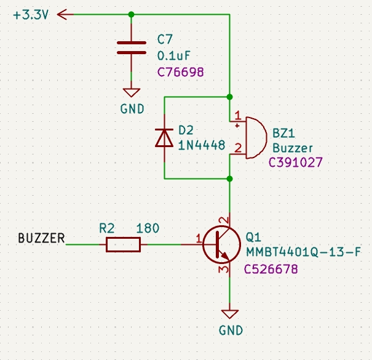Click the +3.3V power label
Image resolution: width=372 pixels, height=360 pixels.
click(x=31, y=15)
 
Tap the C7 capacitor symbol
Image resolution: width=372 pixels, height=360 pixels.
click(x=132, y=48)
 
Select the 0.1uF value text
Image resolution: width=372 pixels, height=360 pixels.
click(x=174, y=56)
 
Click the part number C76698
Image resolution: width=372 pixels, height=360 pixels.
click(x=181, y=72)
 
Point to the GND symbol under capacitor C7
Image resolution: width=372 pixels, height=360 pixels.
click(x=132, y=92)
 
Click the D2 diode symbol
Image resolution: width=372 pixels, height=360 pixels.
click(x=164, y=137)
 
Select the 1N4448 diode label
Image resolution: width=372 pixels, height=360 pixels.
click(x=202, y=145)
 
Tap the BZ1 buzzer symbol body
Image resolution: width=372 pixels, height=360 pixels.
click(x=256, y=137)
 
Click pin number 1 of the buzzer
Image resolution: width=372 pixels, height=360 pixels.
click(x=238, y=116)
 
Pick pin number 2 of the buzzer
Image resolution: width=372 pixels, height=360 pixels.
click(x=238, y=148)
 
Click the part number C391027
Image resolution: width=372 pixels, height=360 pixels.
click(x=295, y=162)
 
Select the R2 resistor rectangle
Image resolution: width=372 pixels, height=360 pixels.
click(x=124, y=244)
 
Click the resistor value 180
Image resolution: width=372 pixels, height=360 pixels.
click(x=148, y=228)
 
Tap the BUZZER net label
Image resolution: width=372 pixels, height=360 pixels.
click(x=42, y=238)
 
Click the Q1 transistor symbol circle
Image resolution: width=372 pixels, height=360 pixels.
click(x=222, y=244)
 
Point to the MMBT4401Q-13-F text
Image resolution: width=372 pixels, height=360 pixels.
click(x=303, y=252)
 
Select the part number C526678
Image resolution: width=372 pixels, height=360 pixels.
click(x=271, y=270)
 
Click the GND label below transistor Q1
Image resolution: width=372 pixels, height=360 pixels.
click(x=231, y=330)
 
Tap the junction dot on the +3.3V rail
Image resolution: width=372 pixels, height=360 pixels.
click(x=131, y=15)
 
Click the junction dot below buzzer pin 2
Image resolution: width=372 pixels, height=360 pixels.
click(x=229, y=178)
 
